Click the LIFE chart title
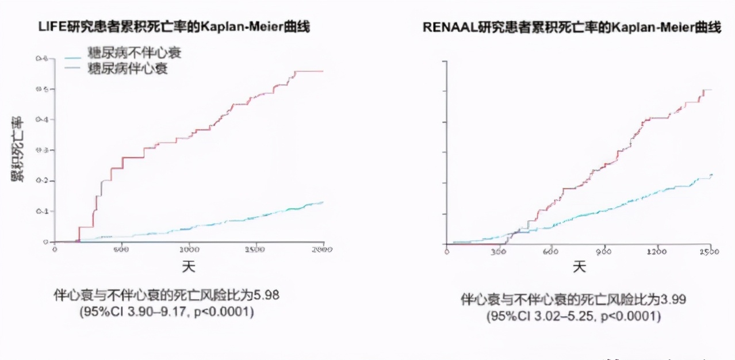tap(174, 27)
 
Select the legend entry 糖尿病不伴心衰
tap(134, 54)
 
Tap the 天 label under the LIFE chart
tap(189, 267)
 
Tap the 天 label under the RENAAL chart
tap(579, 267)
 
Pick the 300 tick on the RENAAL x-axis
tap(499, 252)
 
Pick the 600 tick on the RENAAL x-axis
tap(551, 252)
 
